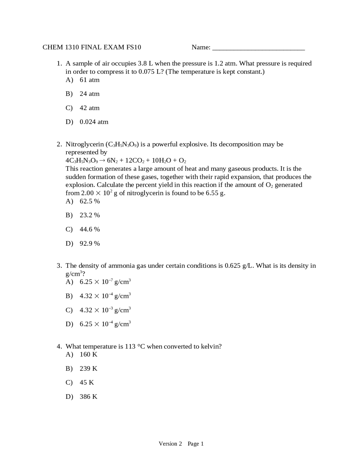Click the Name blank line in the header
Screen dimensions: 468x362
click(258, 48)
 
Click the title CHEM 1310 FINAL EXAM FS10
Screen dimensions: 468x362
click(92, 47)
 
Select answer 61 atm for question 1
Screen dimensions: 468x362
click(89, 80)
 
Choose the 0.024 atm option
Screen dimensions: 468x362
click(94, 122)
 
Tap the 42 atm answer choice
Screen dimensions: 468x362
click(89, 108)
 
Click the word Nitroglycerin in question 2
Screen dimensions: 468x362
click(85, 144)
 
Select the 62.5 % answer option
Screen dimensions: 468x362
click(90, 201)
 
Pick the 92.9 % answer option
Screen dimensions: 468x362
click(90, 244)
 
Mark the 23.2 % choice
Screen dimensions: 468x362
click(90, 215)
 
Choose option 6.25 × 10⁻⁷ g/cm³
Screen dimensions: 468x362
click(105, 282)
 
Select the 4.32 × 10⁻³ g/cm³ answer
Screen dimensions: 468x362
click(105, 310)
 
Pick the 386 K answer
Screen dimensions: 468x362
click(88, 397)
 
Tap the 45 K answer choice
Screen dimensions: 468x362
click(87, 383)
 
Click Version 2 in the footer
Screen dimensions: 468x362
click(170, 444)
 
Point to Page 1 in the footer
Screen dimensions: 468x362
click(195, 444)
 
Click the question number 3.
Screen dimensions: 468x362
click(59, 266)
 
